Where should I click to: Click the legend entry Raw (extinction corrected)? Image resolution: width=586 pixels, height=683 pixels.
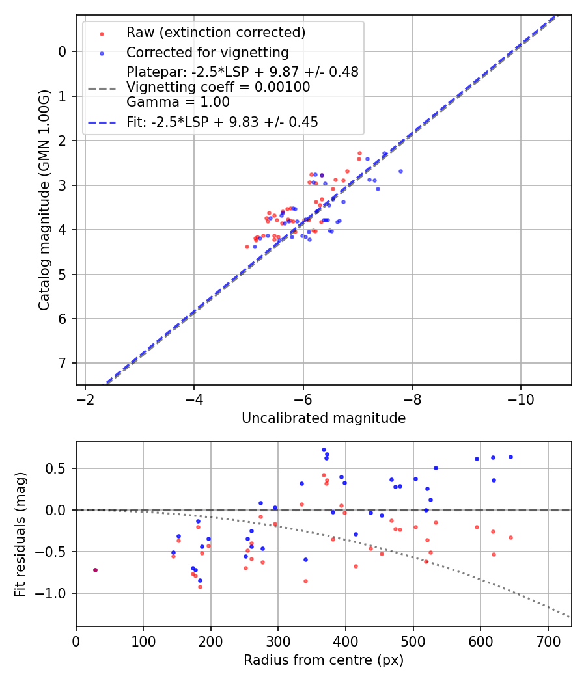tap(216, 33)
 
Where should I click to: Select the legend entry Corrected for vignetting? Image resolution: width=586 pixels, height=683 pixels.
tap(207, 52)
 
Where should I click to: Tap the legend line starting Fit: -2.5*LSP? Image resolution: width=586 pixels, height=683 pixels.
tap(222, 122)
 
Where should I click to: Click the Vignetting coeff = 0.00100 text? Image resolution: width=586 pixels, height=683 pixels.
tap(218, 87)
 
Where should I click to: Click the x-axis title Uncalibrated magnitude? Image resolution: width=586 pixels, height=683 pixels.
tap(324, 418)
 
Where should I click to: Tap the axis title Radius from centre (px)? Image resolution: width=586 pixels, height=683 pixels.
tap(324, 660)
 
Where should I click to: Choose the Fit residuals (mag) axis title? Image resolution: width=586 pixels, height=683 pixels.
tap(21, 535)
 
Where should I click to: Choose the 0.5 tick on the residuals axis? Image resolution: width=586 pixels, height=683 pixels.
tap(58, 468)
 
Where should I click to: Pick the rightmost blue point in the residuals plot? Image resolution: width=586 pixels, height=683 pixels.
tap(510, 457)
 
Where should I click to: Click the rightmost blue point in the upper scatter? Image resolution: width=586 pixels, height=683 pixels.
tap(400, 171)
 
